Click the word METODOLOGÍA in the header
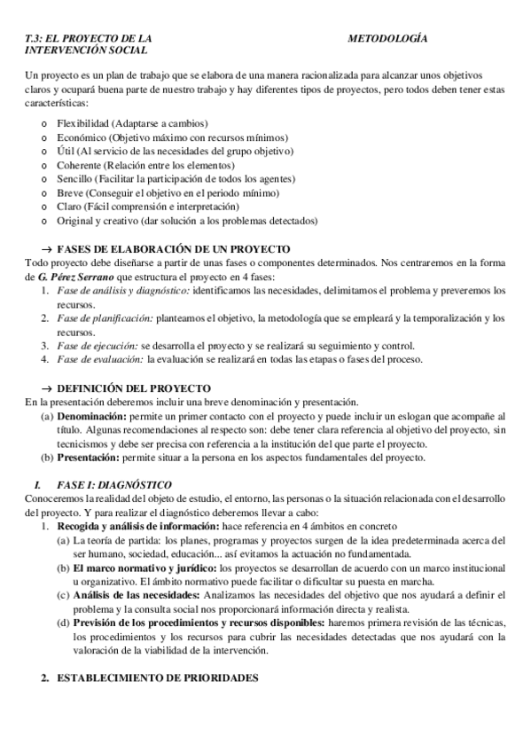387,40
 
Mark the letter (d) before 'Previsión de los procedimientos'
63,623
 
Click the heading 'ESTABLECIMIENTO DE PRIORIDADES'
158,678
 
